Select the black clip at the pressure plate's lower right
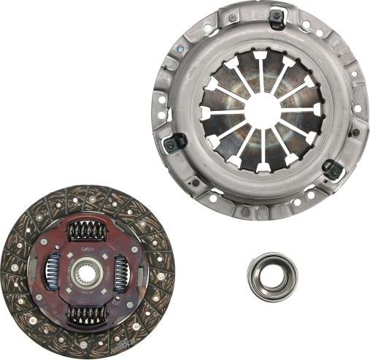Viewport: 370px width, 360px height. point(332,169)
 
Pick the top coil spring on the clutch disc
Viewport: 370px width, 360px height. point(87,232)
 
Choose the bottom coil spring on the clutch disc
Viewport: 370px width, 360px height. point(87,315)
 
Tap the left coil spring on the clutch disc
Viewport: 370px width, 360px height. point(52,272)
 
